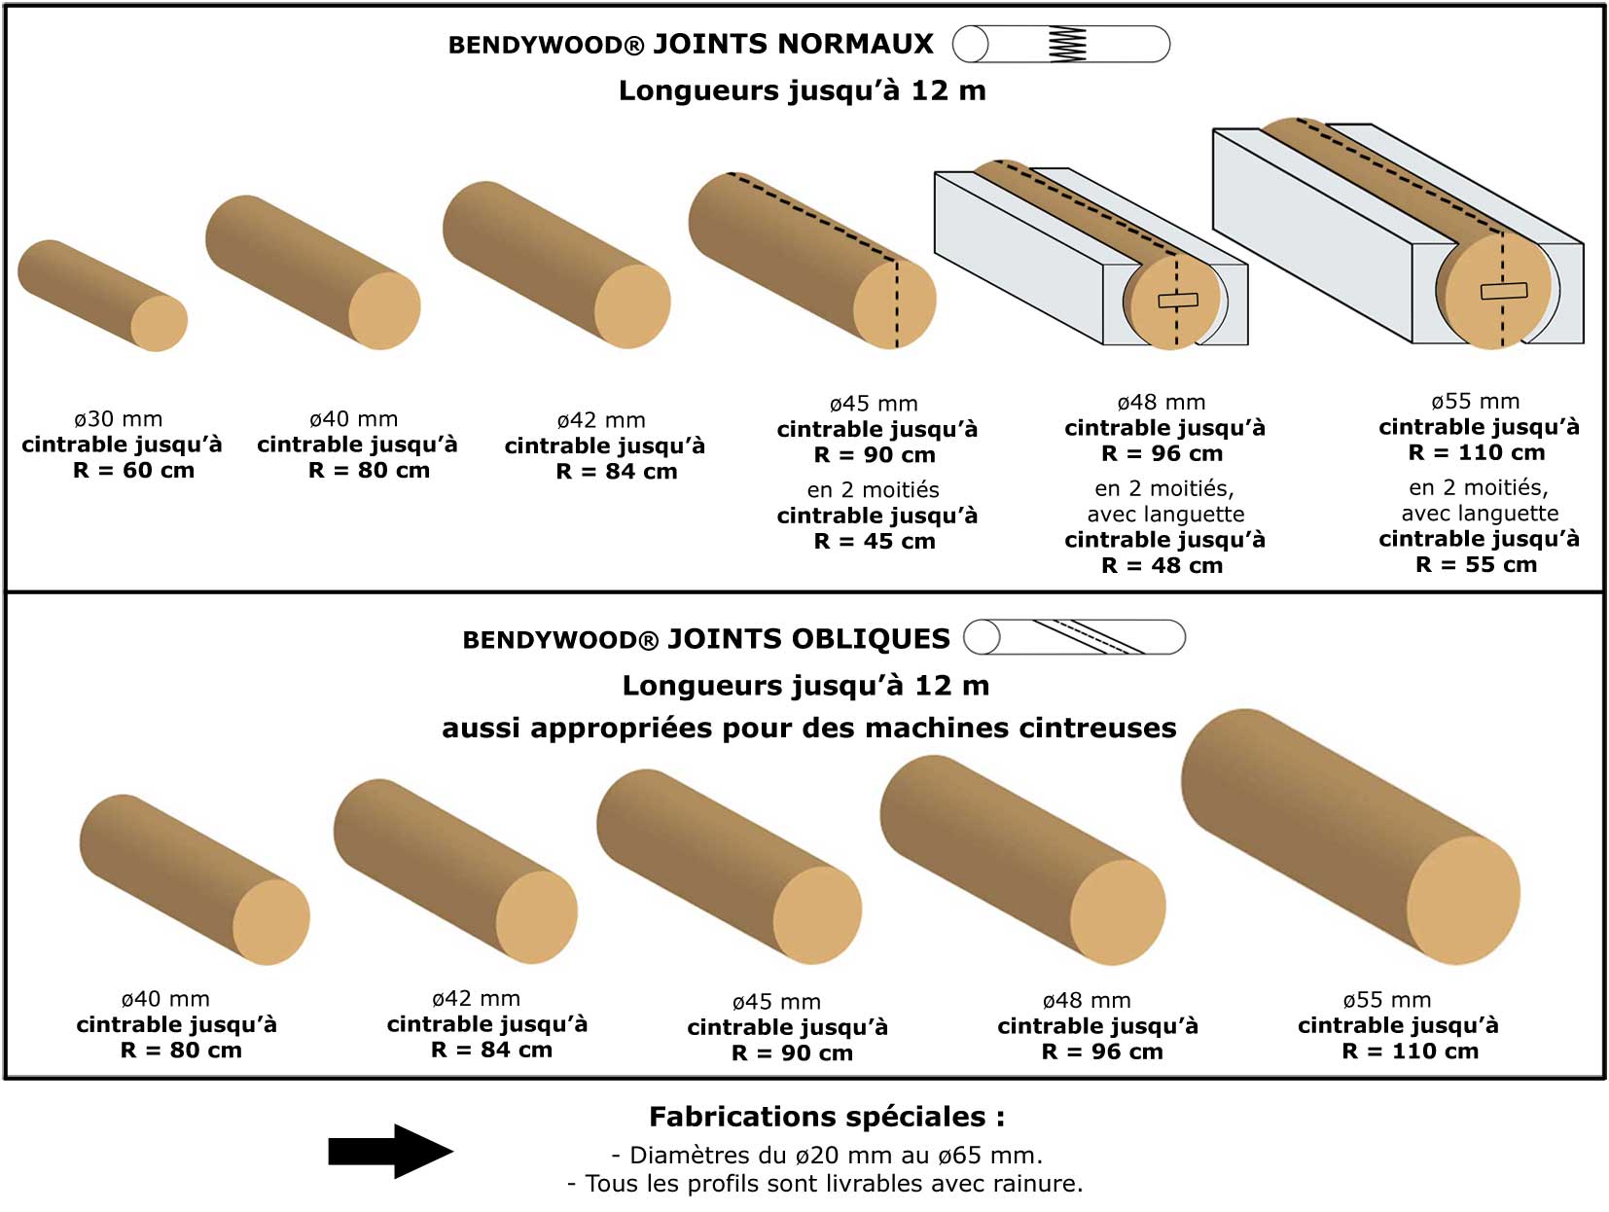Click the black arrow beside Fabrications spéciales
(x=390, y=1151)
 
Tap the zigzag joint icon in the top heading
(x=1067, y=44)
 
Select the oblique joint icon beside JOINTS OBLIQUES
(x=1088, y=637)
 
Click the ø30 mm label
(x=118, y=419)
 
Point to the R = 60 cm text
(x=133, y=471)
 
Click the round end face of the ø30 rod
(x=159, y=323)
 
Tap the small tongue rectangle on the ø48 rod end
(x=1178, y=301)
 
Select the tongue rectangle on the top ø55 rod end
(x=1503, y=290)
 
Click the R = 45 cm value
(x=875, y=542)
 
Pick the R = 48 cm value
(x=1162, y=566)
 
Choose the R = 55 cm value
(x=1476, y=565)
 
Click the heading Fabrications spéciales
(x=827, y=1116)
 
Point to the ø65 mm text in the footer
(x=989, y=1156)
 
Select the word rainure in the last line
(x=1037, y=1184)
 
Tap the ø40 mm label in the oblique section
(x=165, y=999)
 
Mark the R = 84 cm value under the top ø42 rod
(x=616, y=472)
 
